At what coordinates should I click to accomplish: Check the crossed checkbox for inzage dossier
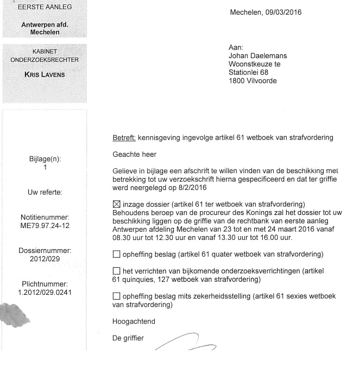[116, 204]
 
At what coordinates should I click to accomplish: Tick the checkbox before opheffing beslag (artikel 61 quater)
[116, 254]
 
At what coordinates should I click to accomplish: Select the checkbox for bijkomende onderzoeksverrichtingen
[116, 271]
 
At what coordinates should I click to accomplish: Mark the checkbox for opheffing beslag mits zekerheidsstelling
[116, 296]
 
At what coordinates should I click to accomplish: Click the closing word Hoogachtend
[134, 322]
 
